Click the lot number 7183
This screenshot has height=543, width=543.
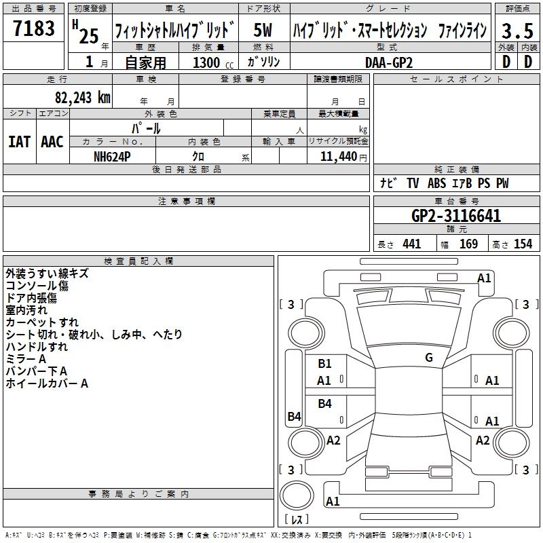pos(34,28)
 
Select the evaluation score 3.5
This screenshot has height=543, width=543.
pos(517,31)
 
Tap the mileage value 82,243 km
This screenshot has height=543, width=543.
pos(83,97)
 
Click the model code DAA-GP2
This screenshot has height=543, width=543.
pos(389,62)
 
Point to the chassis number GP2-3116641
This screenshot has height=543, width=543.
pos(456,216)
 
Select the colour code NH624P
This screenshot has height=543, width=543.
pos(112,157)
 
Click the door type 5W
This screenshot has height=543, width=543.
pos(263,30)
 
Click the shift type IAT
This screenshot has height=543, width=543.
pos(20,142)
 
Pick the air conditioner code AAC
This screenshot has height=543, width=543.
pos(52,142)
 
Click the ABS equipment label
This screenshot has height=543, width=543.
pos(436,183)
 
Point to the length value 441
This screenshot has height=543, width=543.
pos(412,244)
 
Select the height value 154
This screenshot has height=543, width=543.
pos(523,244)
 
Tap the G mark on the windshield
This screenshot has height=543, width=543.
pos(429,358)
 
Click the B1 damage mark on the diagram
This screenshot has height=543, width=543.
pos(324,364)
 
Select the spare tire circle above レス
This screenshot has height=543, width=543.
pos(297,495)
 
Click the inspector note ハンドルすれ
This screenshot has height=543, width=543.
pos(37,347)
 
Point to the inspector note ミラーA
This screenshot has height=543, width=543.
pos(26,359)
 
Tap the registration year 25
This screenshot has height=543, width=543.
pos(89,36)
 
